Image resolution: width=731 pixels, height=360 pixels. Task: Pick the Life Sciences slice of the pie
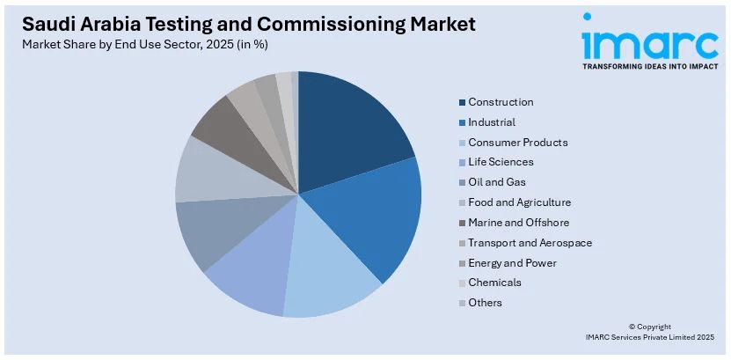[251, 277]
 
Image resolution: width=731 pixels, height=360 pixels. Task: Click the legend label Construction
[501, 102]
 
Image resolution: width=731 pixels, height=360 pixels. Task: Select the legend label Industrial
[492, 122]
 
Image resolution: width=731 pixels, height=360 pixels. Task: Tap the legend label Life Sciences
[501, 162]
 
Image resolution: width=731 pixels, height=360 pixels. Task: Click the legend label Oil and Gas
[496, 182]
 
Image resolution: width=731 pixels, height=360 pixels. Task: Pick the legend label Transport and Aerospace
[530, 242]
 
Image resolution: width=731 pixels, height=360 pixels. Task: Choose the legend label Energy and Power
[512, 262]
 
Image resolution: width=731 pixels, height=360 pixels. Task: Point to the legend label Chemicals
[494, 283]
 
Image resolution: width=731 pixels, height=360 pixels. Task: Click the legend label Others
[485, 303]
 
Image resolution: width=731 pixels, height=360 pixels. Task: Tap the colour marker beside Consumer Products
[462, 143]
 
